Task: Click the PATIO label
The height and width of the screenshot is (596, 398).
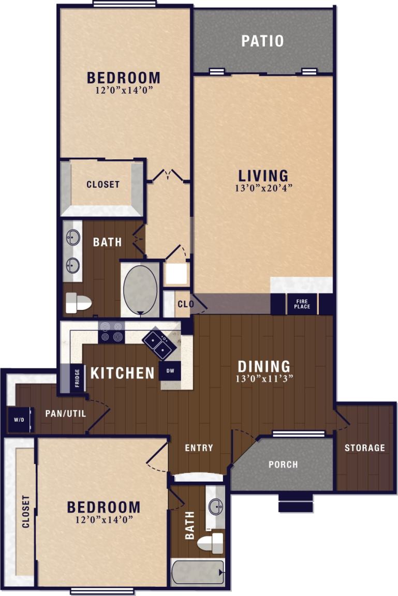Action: (x=262, y=41)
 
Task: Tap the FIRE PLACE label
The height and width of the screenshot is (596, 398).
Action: (x=303, y=304)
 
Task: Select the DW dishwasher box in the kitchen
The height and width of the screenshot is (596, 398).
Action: (x=170, y=370)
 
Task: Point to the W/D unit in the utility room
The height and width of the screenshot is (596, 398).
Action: (x=16, y=420)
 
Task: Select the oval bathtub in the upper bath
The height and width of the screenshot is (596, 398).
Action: (x=140, y=289)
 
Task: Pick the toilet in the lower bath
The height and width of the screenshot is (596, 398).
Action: (x=211, y=543)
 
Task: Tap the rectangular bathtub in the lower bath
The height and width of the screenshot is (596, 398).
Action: (x=198, y=572)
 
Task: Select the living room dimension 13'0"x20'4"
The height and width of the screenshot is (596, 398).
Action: (x=263, y=188)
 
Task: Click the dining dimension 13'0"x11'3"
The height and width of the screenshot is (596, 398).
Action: (x=263, y=378)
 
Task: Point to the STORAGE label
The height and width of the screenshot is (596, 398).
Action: (x=365, y=448)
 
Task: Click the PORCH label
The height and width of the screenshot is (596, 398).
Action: (x=283, y=464)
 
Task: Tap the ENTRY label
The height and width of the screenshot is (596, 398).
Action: (x=199, y=448)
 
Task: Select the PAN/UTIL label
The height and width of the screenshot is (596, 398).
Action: (x=65, y=413)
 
